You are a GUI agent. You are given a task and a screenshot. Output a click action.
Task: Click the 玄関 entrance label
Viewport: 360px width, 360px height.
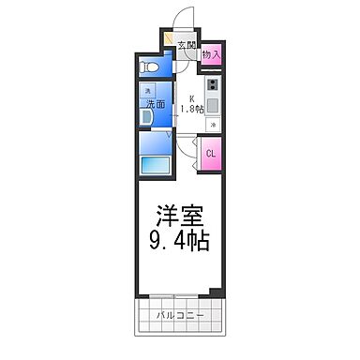186,45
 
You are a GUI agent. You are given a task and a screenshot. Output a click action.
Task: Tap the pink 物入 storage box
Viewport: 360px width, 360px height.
212,55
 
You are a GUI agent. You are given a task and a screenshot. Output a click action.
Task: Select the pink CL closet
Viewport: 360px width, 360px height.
211,154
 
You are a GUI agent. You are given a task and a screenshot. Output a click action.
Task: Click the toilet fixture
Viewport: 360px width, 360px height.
149,68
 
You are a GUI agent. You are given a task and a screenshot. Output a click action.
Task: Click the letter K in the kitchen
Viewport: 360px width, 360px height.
192,98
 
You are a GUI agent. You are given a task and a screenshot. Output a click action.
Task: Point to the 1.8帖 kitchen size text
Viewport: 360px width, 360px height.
192,109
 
